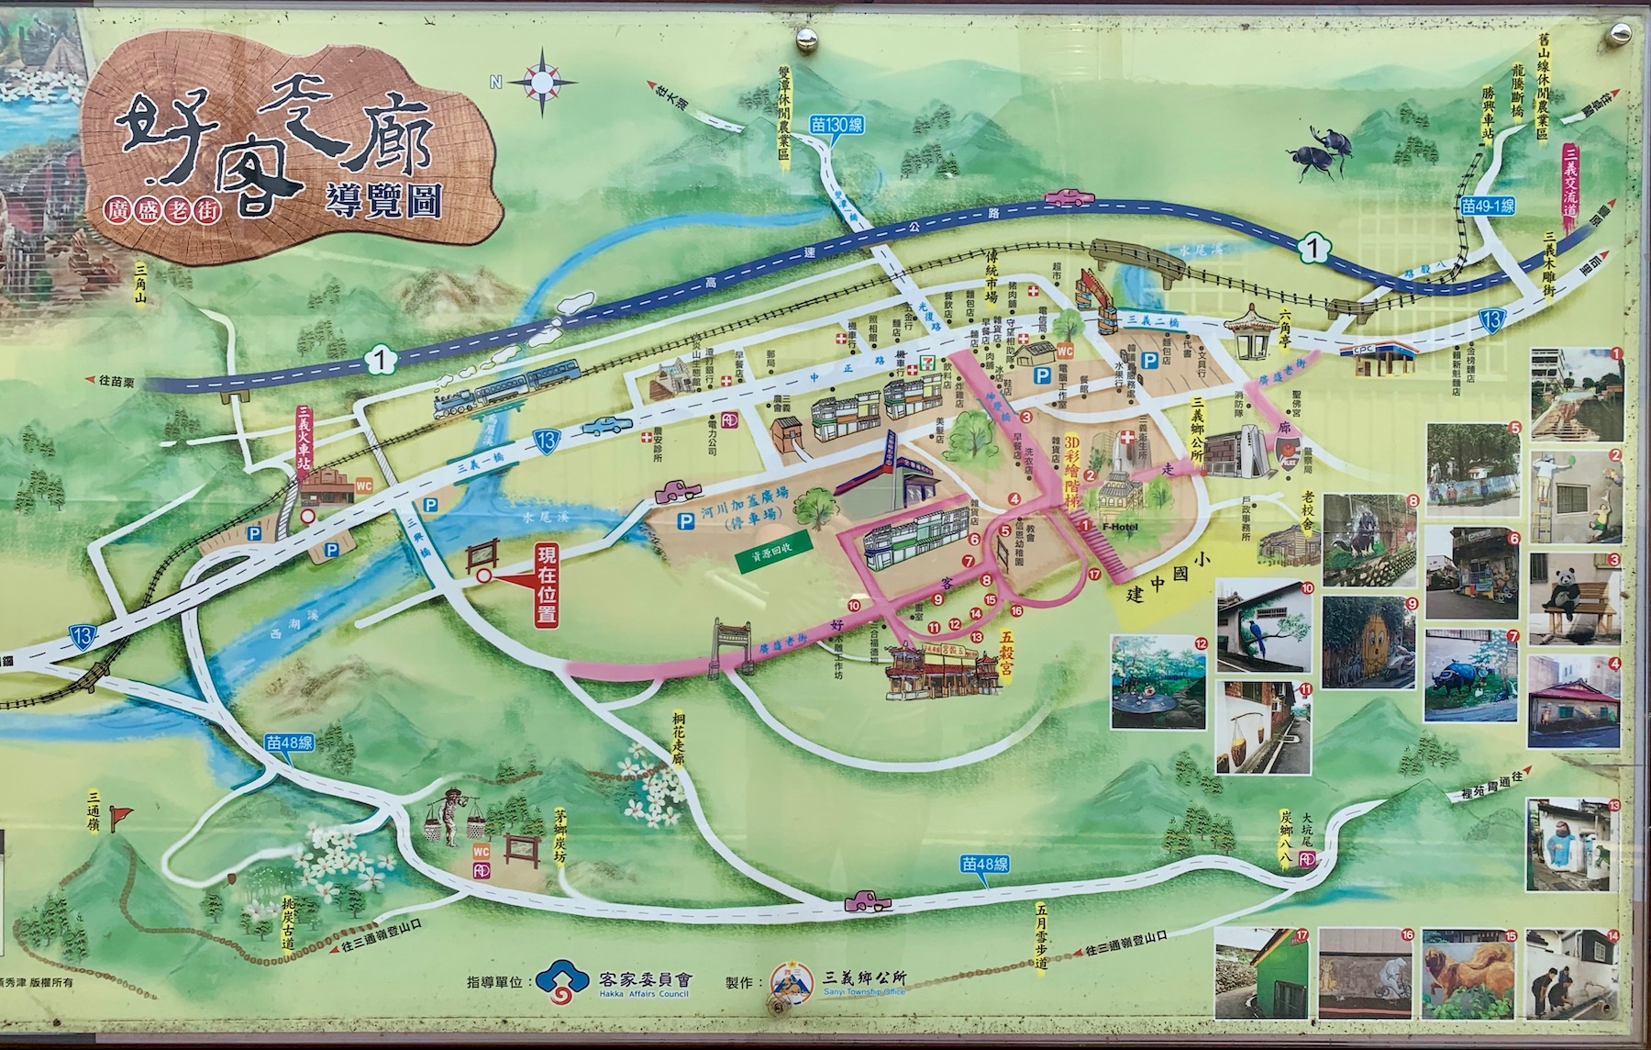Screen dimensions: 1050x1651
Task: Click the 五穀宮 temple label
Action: [x=1007, y=653]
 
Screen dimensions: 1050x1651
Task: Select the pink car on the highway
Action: [x=1069, y=195]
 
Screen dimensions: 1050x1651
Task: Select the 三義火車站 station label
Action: [x=307, y=438]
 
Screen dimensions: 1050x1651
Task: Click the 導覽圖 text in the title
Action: [x=382, y=203]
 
